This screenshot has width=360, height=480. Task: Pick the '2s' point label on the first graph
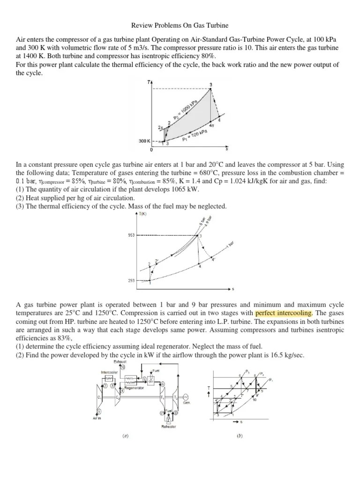point(161,127)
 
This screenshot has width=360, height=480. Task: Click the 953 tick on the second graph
point(131,235)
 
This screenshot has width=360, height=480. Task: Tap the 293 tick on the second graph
point(131,280)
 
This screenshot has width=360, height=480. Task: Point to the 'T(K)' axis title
point(142,214)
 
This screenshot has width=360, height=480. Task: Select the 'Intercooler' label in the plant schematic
point(108,372)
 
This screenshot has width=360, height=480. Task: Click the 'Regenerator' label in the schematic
point(134,388)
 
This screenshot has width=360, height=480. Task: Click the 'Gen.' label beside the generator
point(186,401)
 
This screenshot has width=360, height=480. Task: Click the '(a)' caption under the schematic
point(126,435)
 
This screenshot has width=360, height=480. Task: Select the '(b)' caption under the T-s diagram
point(240,435)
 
